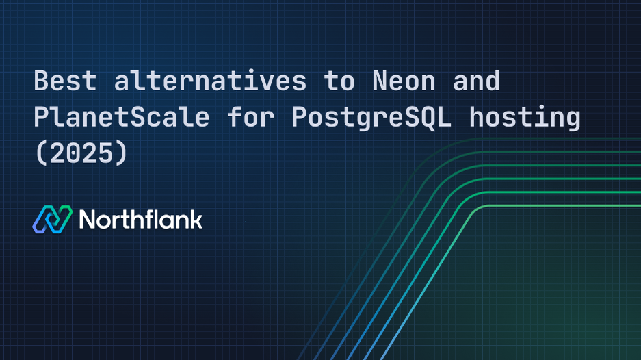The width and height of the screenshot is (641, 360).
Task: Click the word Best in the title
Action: pyautogui.click(x=66, y=81)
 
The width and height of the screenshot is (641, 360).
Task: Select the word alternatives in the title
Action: pyautogui.click(x=210, y=81)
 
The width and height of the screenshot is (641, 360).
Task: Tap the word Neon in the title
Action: pyautogui.click(x=404, y=81)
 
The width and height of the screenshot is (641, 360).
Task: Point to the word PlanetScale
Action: pyautogui.click(x=121, y=118)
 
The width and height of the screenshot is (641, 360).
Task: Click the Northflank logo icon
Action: pyautogui.click(x=52, y=219)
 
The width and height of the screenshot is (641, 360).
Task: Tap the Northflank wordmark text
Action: pyautogui.click(x=141, y=219)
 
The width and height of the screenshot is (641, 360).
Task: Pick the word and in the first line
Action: pyautogui.click(x=476, y=81)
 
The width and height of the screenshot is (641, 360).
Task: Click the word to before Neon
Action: pyautogui.click(x=339, y=81)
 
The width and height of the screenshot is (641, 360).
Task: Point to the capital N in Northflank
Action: pyautogui.click(x=88, y=220)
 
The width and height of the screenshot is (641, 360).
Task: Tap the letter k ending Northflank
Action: pyautogui.click(x=196, y=219)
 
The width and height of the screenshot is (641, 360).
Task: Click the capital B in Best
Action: pyautogui.click(x=42, y=81)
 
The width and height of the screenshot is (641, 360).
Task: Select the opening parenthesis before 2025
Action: pyautogui.click(x=41, y=153)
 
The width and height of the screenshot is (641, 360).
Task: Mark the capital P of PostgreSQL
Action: pyautogui.click(x=300, y=118)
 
